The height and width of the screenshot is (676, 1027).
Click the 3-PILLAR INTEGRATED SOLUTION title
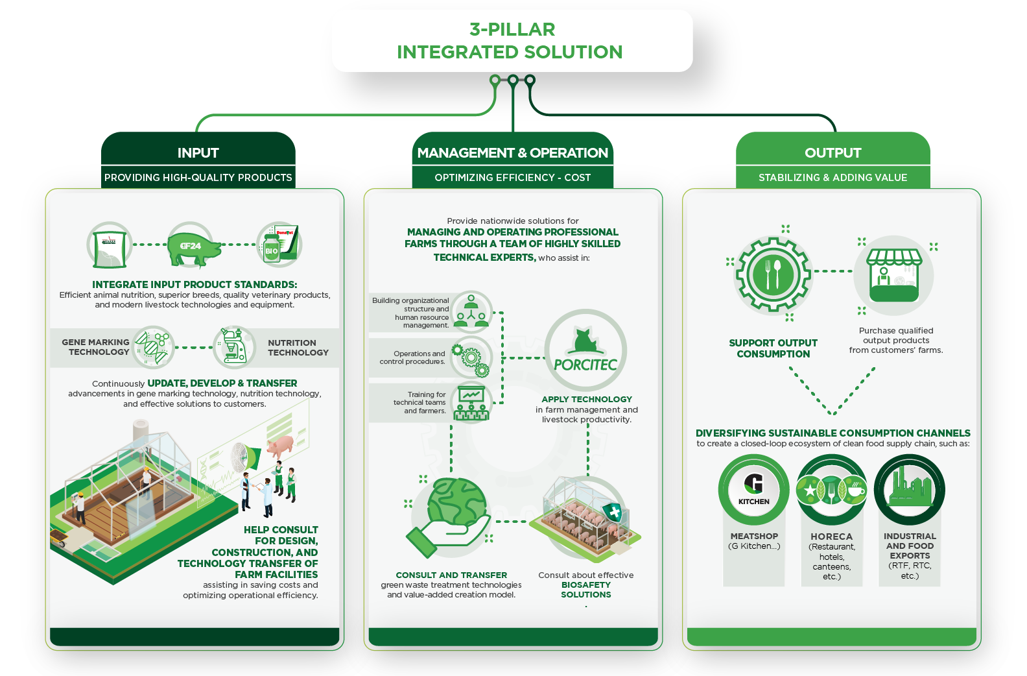pos(512,40)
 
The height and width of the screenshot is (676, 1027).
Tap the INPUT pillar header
pos(198,153)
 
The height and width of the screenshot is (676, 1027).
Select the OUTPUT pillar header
pos(832,153)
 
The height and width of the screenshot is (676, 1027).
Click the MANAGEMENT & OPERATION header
pos(512,153)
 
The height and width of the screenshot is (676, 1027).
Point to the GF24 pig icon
pos(191,247)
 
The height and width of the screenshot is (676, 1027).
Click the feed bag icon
pos(110,247)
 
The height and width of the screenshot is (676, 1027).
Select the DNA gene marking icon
pos(154,347)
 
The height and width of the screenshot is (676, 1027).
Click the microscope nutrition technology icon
pos(233,347)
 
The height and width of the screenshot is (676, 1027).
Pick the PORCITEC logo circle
pos(585,351)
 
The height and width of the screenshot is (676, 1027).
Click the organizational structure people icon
pos(471,311)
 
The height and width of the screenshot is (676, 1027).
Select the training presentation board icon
pos(471,403)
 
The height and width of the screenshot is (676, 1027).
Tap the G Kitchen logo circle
pos(753,490)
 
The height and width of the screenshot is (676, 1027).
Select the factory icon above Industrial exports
pos(910,490)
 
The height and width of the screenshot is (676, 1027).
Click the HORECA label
pos(831,537)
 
